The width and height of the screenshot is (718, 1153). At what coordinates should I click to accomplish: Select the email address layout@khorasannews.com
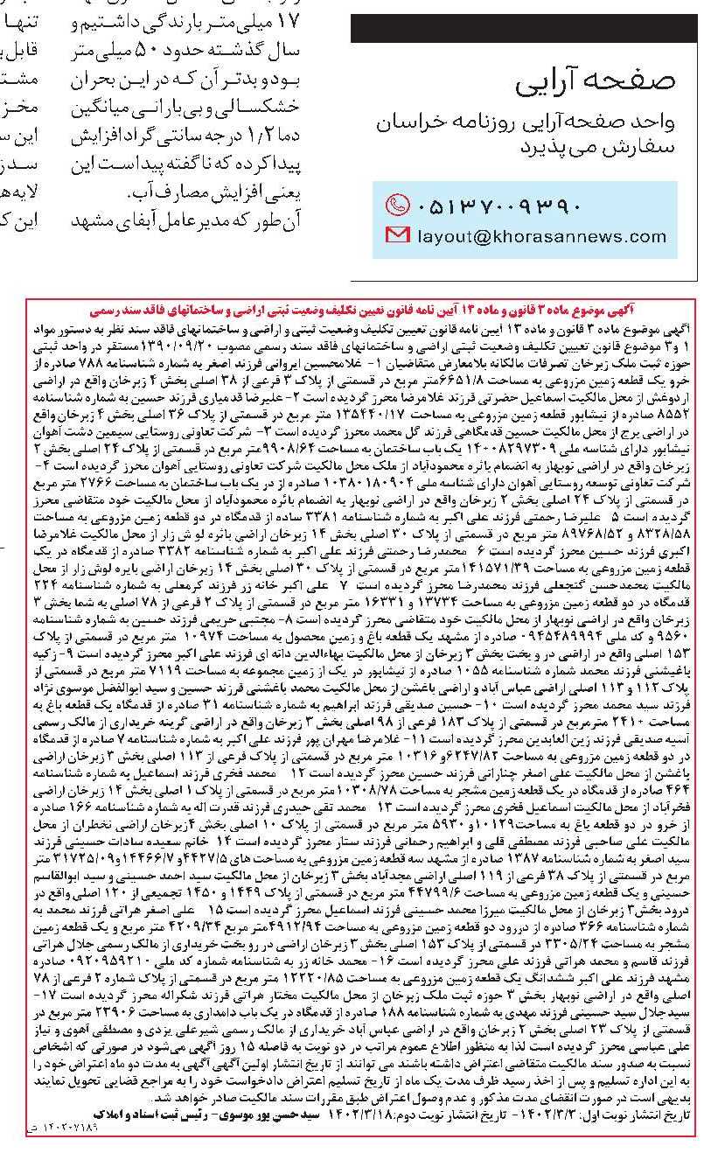tap(542, 235)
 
